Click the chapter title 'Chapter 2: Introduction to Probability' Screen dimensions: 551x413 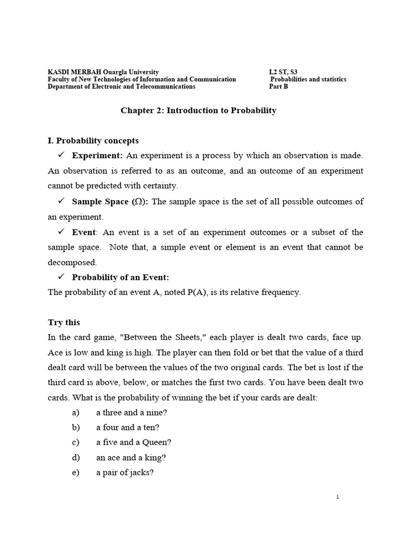(x=198, y=110)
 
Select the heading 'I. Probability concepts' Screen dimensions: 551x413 (x=93, y=140)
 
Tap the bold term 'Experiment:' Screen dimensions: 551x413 (x=97, y=156)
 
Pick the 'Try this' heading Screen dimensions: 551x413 (x=64, y=322)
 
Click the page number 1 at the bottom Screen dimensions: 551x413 (x=337, y=497)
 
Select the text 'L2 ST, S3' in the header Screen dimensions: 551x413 (x=283, y=72)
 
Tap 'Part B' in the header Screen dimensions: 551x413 (x=279, y=86)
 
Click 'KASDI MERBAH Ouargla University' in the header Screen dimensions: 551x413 (x=103, y=72)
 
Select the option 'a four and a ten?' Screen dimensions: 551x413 (x=128, y=427)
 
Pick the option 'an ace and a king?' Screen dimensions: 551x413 (x=127, y=457)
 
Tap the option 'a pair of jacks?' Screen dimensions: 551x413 (x=125, y=473)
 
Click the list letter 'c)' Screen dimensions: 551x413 (x=75, y=442)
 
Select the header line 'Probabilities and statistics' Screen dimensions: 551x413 (x=308, y=79)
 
